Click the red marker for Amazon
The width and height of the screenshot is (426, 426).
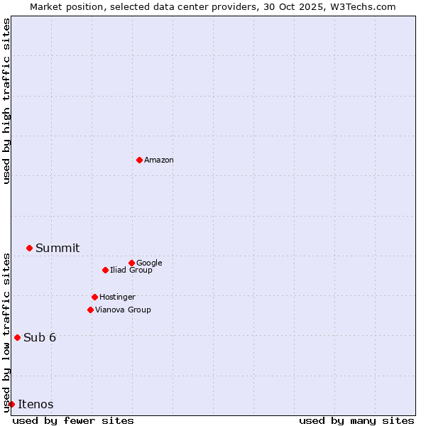[139, 160]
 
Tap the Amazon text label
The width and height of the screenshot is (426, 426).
[159, 160]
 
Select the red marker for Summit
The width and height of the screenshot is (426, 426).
[29, 248]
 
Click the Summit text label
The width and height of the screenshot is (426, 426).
[58, 248]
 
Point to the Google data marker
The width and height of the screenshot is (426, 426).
[131, 263]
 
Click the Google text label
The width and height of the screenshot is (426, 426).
[149, 263]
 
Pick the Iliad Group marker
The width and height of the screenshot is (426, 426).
[105, 270]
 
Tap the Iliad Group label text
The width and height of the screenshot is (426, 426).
[131, 271]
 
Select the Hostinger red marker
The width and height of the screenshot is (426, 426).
[94, 297]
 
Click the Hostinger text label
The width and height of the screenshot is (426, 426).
[117, 297]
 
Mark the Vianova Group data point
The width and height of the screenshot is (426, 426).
[90, 310]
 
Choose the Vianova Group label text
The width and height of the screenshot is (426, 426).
[123, 310]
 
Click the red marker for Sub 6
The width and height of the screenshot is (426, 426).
[17, 337]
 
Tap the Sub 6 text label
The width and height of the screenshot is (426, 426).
[40, 338]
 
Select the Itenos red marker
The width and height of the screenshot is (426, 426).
[11, 404]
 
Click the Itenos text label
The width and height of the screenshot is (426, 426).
[35, 405]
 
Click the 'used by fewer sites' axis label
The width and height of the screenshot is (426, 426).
[73, 421]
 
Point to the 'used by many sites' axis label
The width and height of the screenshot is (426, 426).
[356, 421]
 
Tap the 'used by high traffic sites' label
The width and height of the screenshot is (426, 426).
[6, 101]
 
